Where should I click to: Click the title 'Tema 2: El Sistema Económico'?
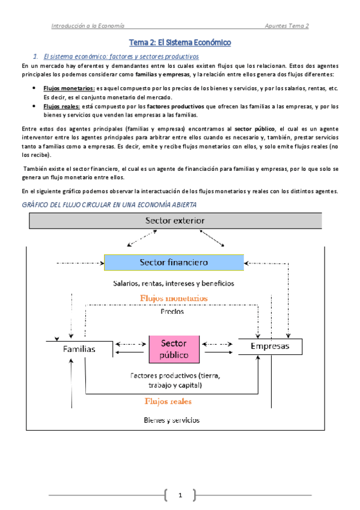point(180,43)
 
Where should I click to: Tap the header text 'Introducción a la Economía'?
point(88,26)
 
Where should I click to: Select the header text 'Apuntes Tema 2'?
point(287,26)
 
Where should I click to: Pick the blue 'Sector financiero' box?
point(174,262)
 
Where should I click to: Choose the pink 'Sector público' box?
point(174,348)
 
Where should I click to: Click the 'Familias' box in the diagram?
point(79,349)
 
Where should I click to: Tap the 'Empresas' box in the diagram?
point(269,346)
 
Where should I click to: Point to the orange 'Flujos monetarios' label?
point(174,298)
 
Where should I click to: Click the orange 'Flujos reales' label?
point(168,400)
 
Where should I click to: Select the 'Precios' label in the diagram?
point(172,312)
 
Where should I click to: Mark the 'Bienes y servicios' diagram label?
point(172,420)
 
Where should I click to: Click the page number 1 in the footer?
point(180,495)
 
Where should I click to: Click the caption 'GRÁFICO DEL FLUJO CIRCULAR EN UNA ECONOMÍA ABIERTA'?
point(108,204)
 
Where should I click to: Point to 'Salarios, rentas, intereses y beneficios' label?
point(173,283)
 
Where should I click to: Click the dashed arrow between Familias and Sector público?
point(129,345)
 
